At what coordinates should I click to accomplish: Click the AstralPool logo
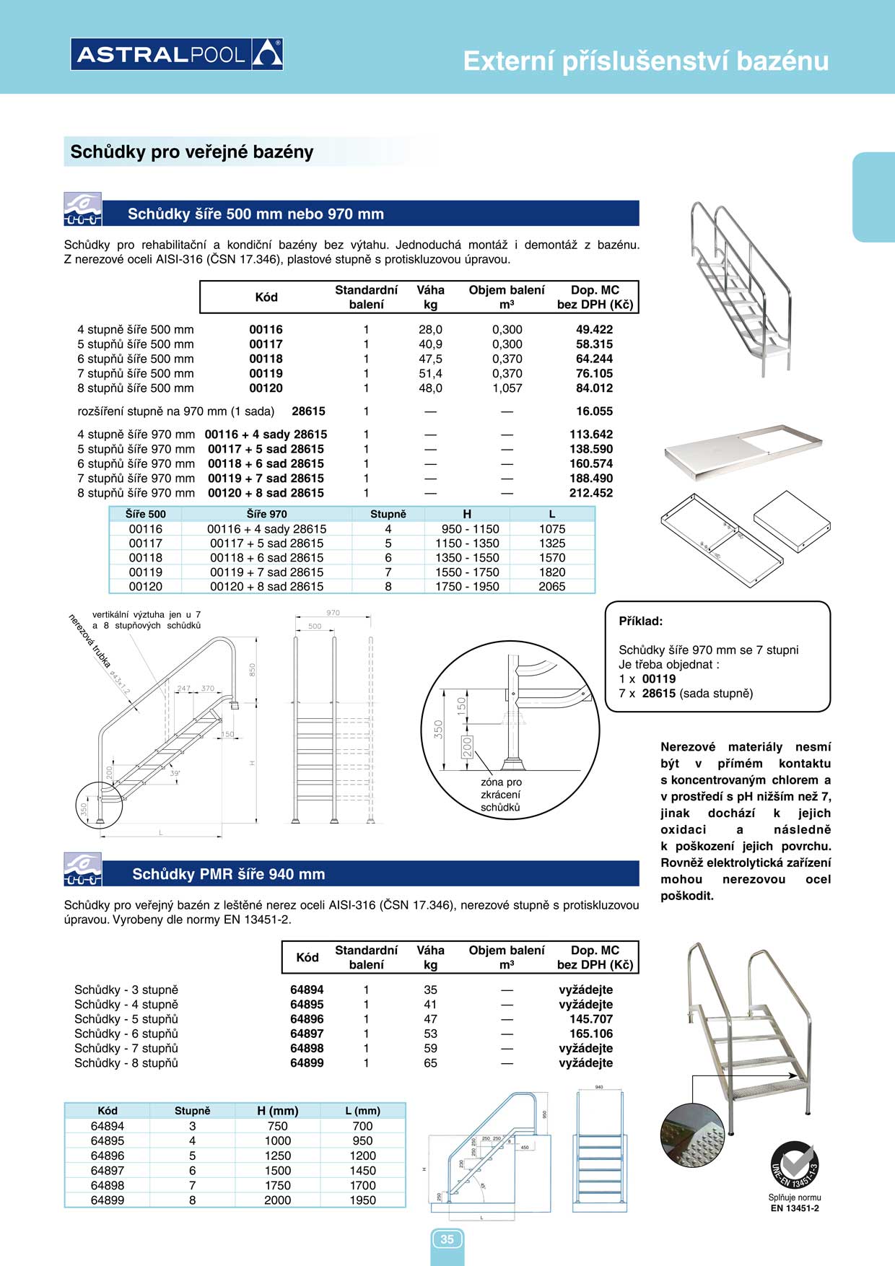click(177, 54)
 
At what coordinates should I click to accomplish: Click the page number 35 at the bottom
click(447, 1239)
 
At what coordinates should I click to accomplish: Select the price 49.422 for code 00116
click(594, 330)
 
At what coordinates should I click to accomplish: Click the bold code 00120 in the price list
click(266, 388)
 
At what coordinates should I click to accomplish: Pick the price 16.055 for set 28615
click(594, 411)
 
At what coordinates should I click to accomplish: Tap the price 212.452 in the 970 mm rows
click(590, 493)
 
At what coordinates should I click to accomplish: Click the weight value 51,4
click(430, 374)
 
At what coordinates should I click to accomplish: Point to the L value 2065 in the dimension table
click(551, 587)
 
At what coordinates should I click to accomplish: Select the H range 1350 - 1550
click(466, 558)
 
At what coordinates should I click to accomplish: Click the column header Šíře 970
click(266, 515)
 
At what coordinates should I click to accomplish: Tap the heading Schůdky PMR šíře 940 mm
click(228, 874)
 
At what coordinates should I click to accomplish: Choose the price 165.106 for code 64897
click(590, 1034)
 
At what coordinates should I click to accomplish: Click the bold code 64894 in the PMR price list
click(307, 990)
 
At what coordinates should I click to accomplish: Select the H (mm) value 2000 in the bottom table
click(277, 1200)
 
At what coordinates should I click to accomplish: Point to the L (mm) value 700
click(362, 1126)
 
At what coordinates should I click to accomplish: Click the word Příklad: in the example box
click(641, 621)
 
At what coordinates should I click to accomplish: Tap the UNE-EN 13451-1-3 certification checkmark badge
click(794, 1165)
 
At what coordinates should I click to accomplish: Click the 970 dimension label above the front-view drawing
click(333, 613)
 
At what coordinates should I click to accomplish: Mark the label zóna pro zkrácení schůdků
click(501, 795)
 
